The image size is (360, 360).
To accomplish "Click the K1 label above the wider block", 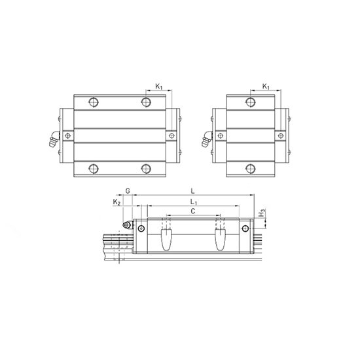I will click(x=160, y=86).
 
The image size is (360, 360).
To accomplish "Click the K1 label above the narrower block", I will click(x=266, y=86).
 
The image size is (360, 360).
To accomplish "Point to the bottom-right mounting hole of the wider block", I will click(x=145, y=168).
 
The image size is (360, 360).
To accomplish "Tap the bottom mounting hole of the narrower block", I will click(x=249, y=168).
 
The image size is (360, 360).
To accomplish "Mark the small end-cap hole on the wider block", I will click(x=172, y=135).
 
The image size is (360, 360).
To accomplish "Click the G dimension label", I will click(x=128, y=190).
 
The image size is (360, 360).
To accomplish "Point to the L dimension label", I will click(x=191, y=190).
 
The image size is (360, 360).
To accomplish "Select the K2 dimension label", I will click(x=117, y=203).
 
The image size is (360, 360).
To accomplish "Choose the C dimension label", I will click(x=191, y=213).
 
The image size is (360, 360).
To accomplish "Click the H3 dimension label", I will click(x=262, y=213).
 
